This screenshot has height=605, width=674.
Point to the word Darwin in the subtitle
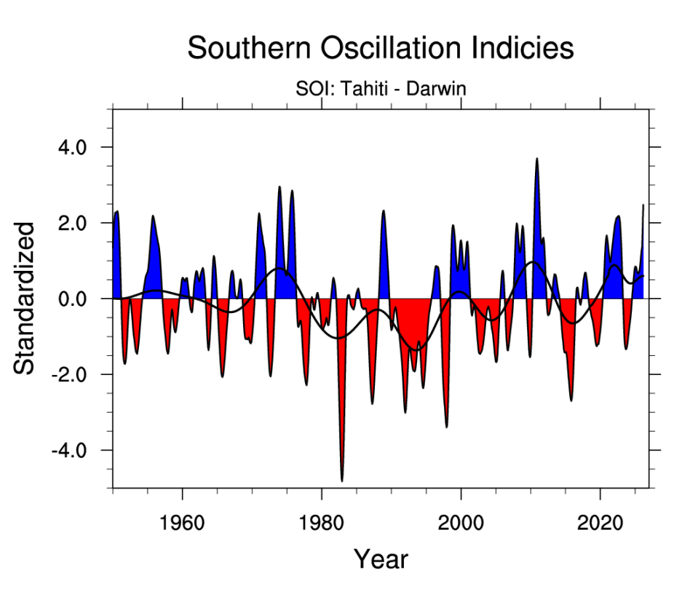click(x=436, y=90)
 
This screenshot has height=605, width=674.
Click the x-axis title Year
click(x=381, y=559)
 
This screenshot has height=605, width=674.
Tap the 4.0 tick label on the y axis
click(x=71, y=147)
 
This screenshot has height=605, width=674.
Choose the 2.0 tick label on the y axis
click(x=71, y=223)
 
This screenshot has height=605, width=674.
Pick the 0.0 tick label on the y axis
click(x=71, y=298)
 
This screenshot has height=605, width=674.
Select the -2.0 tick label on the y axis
click(x=68, y=374)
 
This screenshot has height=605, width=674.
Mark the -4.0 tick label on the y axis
click(x=68, y=450)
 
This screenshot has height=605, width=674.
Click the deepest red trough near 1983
click(x=342, y=477)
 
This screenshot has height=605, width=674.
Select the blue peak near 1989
click(x=384, y=213)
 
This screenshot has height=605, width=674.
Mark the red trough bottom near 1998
click(x=446, y=424)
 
